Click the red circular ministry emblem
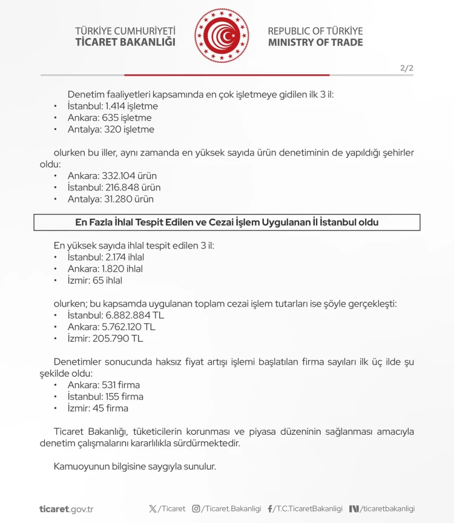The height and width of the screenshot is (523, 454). point(222,36)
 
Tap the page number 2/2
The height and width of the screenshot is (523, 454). point(407,68)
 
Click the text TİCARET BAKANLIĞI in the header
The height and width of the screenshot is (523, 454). point(125,42)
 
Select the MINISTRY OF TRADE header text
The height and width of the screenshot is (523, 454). point(315,42)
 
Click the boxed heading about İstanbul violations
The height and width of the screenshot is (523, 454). point(226,222)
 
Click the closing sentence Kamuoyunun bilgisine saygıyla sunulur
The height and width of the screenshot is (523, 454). point(134,467)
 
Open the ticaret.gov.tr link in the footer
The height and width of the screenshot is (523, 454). point(66,509)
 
